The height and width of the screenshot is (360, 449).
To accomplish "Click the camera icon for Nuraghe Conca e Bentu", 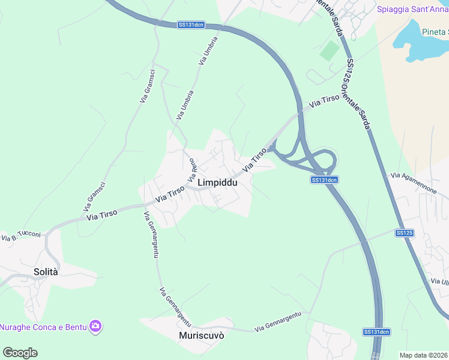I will point(95,326).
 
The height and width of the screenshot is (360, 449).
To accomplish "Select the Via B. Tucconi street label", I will point(21,236).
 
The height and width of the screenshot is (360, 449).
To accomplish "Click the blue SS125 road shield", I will point(405,232).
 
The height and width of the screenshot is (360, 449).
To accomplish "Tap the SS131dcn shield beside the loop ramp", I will point(325,180).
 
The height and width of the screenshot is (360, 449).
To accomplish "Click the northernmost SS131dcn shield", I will point(191,25).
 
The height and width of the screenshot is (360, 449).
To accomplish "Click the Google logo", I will point(20,353).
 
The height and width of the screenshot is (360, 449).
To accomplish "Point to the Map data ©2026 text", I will point(424,355).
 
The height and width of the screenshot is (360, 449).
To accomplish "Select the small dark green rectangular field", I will point(329,50).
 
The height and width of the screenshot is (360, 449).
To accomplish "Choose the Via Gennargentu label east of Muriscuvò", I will point(277,323).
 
